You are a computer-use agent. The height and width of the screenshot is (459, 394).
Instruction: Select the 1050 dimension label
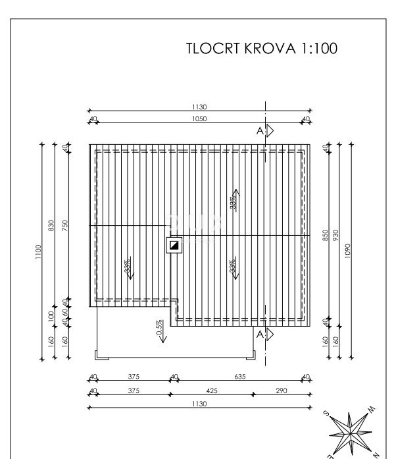click(199, 119)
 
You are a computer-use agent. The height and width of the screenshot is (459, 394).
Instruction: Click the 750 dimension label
click(64, 226)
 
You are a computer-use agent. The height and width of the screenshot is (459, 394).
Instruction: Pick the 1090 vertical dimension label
click(348, 251)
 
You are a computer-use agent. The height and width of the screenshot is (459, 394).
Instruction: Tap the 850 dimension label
click(325, 234)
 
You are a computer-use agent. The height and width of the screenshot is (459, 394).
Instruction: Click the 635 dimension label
click(237, 377)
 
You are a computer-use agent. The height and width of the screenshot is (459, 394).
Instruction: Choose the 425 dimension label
click(211, 391)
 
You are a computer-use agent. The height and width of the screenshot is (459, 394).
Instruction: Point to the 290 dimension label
click(281, 391)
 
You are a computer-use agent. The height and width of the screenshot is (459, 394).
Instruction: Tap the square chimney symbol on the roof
click(174, 246)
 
